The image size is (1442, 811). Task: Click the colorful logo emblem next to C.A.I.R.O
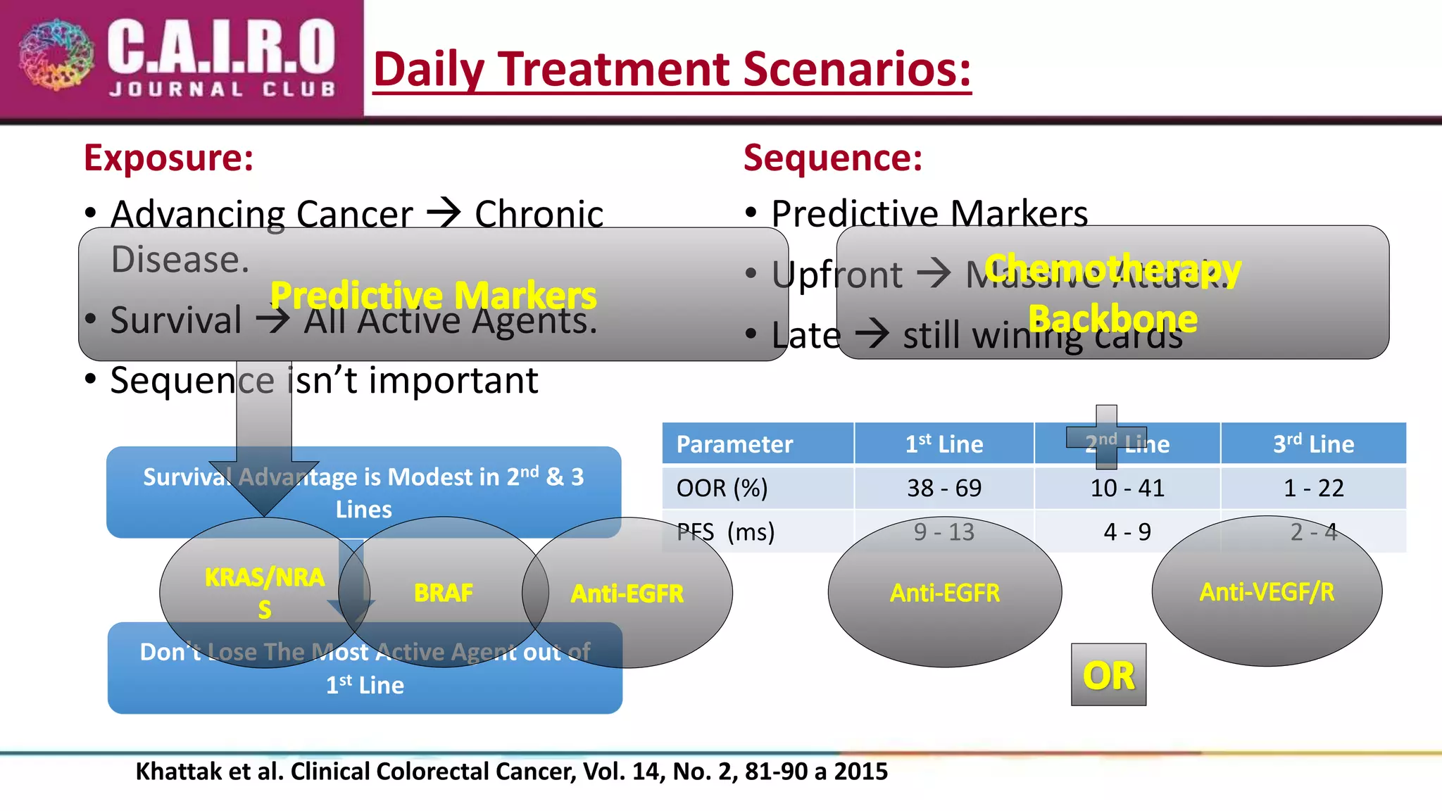[56, 55]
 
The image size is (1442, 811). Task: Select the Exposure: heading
[168, 158]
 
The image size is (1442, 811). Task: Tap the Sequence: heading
[832, 158]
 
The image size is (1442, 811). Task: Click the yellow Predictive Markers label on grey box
[433, 295]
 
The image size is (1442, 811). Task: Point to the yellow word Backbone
[1112, 319]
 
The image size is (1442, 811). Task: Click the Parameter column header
[734, 444]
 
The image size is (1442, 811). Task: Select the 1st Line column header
[943, 444]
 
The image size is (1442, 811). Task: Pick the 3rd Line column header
[1313, 444]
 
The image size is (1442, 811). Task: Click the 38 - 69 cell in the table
[943, 488]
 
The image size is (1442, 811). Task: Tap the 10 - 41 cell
[1127, 488]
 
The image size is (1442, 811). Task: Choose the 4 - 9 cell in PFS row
[1127, 532]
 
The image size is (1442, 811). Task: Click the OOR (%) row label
[722, 488]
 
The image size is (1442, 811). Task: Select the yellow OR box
[1108, 675]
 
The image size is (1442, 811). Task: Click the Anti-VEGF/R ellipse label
[1267, 592]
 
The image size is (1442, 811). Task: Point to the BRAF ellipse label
[443, 593]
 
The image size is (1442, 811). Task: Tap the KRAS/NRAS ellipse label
[264, 592]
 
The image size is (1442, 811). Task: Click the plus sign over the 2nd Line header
[1106, 436]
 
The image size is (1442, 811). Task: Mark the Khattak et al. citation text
[511, 772]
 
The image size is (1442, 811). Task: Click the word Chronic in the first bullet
[539, 214]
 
